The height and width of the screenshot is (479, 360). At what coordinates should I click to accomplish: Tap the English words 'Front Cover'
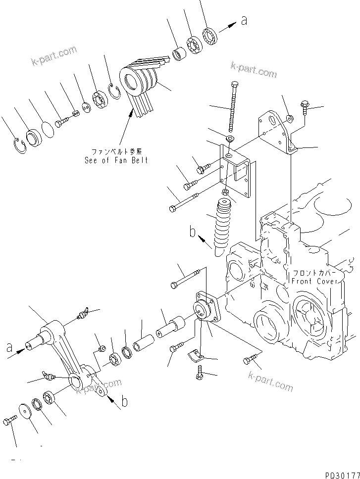click(x=315, y=281)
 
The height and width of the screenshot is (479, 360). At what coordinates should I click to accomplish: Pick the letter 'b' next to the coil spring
click(x=193, y=232)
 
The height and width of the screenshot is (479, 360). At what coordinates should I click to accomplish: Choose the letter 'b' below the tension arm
click(x=124, y=402)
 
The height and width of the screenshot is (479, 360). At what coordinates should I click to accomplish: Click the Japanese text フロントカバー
click(x=314, y=273)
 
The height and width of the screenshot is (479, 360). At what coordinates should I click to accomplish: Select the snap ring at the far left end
click(x=18, y=146)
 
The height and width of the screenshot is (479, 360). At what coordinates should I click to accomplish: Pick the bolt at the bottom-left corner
click(x=10, y=420)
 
